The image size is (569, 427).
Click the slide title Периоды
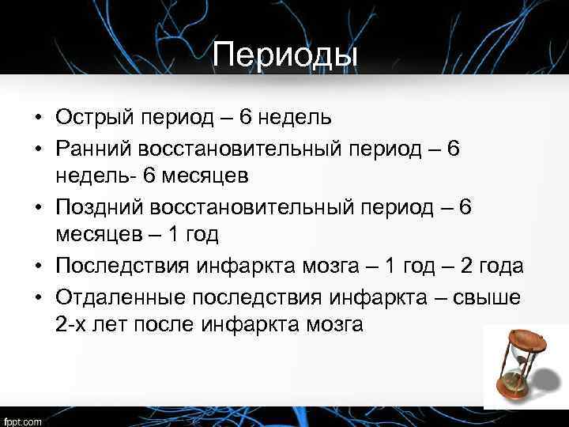pos(284,55)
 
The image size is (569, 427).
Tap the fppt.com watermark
pos(24,418)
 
